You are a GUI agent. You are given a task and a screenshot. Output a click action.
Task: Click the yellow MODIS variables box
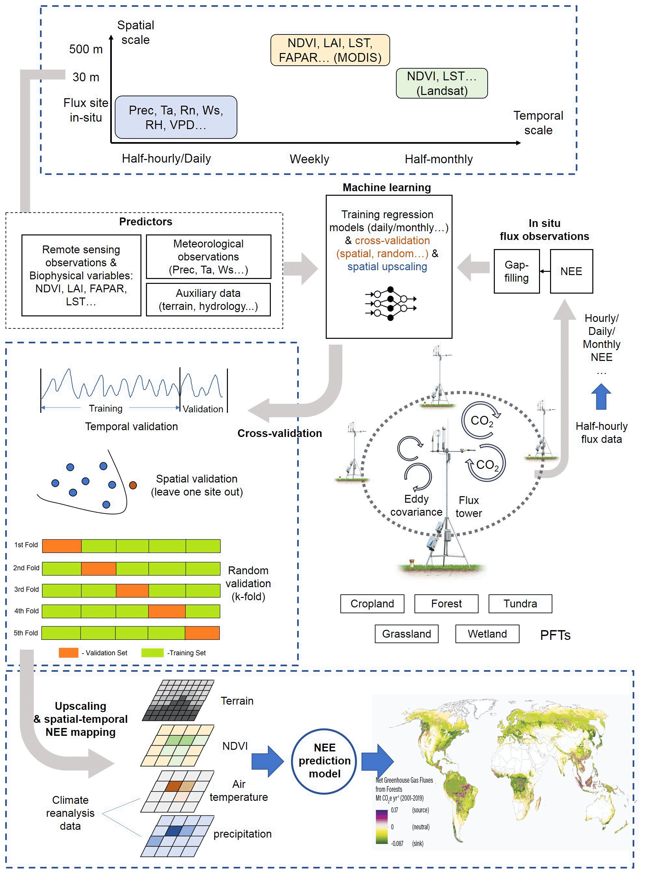coord(330,50)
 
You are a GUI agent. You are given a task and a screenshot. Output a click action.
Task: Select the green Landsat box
coord(441,83)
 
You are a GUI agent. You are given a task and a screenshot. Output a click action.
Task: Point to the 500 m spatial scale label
coord(86,49)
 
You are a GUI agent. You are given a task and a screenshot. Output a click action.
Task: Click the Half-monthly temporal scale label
coord(439,159)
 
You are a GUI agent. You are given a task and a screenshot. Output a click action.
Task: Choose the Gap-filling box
coord(516,271)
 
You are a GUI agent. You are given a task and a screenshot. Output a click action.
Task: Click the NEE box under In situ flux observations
coord(571,271)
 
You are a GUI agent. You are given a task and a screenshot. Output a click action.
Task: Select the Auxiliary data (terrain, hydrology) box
coord(208,299)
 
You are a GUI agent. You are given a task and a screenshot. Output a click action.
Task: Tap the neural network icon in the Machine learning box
coord(390,303)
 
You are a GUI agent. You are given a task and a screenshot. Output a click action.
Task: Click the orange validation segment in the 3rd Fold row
coord(132,590)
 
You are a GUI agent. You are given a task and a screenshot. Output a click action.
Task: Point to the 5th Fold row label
coord(26,633)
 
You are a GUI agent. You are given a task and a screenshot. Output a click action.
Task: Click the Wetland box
coord(487,633)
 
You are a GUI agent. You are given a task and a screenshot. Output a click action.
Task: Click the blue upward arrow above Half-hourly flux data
coord(601,396)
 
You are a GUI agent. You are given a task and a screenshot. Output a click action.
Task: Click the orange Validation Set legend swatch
coord(68,653)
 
